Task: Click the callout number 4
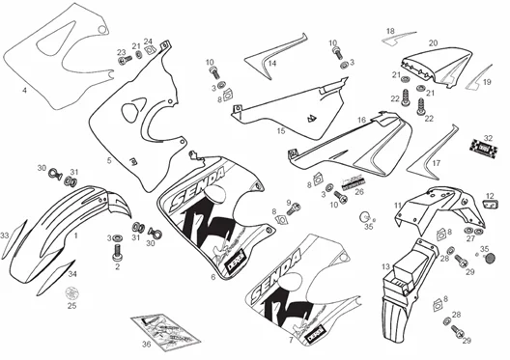tap(24, 91)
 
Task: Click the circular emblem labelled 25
tap(71, 292)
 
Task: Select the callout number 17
tap(436, 164)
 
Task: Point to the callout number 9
tap(288, 203)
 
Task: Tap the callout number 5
tap(109, 160)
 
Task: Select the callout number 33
tap(5, 235)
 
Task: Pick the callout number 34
tap(71, 274)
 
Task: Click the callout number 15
tap(281, 129)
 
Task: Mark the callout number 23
tap(121, 53)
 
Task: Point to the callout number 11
tap(398, 206)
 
